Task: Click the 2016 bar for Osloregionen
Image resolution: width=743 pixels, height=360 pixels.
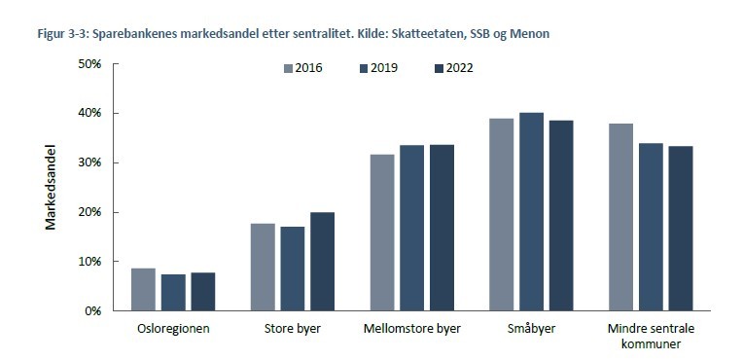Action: [143, 289]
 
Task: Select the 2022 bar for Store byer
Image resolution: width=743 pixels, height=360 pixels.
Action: [321, 262]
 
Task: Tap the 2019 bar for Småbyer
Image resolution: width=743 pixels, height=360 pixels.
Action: [531, 212]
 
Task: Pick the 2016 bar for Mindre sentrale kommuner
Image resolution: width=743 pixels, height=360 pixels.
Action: [621, 217]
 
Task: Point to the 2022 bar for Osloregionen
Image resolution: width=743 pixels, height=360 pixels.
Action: [202, 291]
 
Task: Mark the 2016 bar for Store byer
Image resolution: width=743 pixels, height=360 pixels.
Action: [263, 267]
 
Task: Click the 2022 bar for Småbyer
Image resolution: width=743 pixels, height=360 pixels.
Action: [560, 216]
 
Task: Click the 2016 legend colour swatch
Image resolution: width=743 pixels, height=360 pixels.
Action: [289, 68]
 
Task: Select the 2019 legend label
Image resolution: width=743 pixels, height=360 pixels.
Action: [384, 68]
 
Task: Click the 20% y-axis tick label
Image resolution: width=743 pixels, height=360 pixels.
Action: [89, 212]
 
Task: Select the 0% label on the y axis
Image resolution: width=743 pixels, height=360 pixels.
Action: [93, 310]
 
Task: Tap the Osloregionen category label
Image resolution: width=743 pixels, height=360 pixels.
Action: [173, 329]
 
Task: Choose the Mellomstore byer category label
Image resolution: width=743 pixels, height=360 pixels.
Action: [411, 329]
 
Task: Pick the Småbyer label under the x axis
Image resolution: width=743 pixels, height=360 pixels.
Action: [531, 329]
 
